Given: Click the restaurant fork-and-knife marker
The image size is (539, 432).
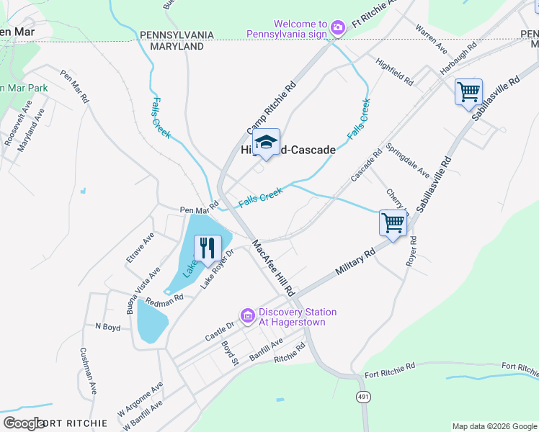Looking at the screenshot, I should pyautogui.click(x=208, y=248).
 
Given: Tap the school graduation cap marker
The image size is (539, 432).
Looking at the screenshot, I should pyautogui.click(x=266, y=142).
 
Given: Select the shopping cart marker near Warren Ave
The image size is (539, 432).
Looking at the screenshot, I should pyautogui.click(x=468, y=91).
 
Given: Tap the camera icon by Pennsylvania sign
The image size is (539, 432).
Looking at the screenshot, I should pyautogui.click(x=338, y=27).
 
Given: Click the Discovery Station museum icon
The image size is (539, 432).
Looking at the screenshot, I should pyautogui.click(x=248, y=316).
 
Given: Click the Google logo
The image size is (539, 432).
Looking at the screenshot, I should pyautogui.click(x=24, y=423).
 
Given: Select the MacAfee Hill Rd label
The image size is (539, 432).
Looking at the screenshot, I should pyautogui.click(x=274, y=269).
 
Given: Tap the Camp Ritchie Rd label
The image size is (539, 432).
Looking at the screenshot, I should pyautogui.click(x=272, y=108).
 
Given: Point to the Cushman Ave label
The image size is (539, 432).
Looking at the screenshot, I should pyautogui.click(x=87, y=372).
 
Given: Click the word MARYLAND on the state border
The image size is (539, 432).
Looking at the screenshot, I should pyautogui.click(x=177, y=46).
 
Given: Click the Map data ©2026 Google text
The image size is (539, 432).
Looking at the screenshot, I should pyautogui.click(x=494, y=426).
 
